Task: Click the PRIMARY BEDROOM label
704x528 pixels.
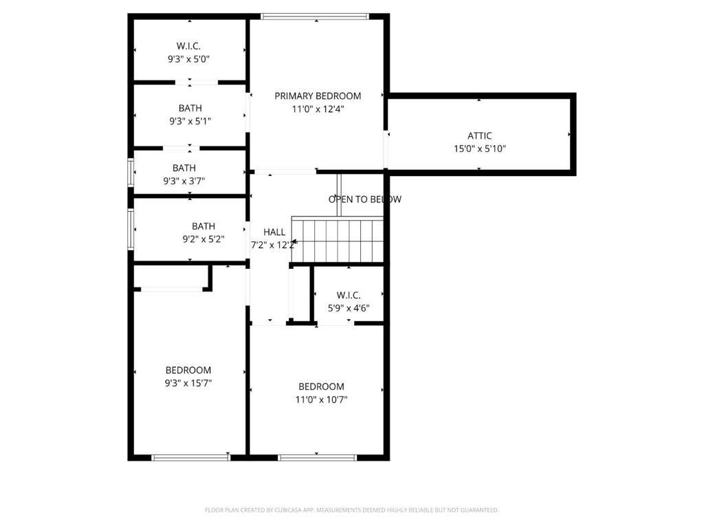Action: point(318,96)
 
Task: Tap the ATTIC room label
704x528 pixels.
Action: point(479,135)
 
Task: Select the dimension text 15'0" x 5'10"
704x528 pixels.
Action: point(479,148)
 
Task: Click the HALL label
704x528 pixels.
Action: point(274,232)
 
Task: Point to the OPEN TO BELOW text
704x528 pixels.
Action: point(364,199)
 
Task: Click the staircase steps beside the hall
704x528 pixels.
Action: point(338,239)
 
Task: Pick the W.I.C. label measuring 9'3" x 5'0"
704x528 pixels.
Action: point(188,46)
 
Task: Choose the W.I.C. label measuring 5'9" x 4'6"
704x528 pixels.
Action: point(349,295)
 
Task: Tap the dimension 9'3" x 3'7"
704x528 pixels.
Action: point(184,181)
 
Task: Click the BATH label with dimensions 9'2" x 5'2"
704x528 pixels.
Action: point(203,225)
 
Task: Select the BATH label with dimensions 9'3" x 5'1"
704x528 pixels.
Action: point(190,108)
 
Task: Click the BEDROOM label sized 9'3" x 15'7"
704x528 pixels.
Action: point(188,370)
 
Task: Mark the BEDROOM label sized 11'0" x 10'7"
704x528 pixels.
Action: point(322,386)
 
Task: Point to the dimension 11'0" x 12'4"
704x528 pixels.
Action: point(318,109)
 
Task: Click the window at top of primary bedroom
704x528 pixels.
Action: point(315,16)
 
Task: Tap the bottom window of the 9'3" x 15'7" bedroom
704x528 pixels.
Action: point(191,457)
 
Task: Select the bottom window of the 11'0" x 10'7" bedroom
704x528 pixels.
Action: point(317,457)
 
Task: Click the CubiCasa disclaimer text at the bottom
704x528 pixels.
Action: point(352,510)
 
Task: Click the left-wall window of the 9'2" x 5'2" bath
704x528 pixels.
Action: point(131,229)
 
